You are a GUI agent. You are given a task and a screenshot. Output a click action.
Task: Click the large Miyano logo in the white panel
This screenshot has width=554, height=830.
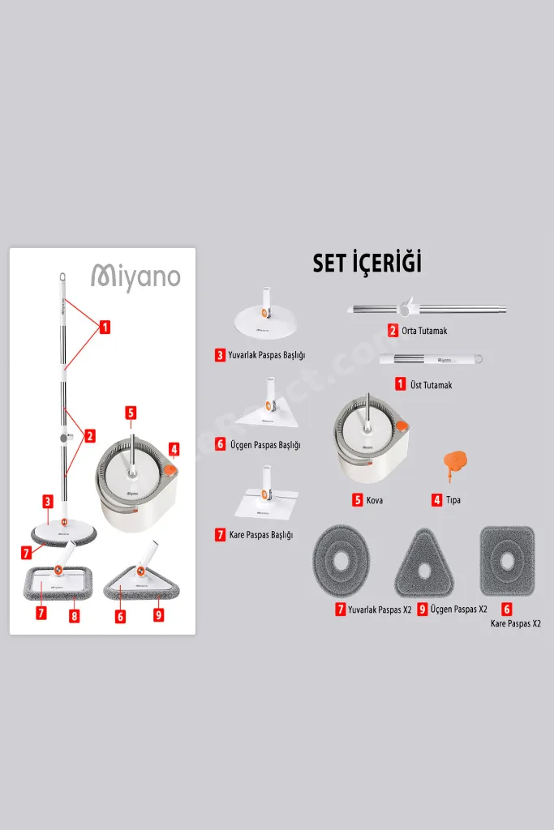135,277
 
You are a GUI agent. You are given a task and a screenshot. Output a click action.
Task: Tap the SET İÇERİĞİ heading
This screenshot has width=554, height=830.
367,263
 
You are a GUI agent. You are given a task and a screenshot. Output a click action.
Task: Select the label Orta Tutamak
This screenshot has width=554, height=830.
424,331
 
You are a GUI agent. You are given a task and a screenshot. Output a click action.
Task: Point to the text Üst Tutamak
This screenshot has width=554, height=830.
432,385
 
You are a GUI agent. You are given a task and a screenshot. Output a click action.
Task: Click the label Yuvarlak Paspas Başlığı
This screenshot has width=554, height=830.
266,355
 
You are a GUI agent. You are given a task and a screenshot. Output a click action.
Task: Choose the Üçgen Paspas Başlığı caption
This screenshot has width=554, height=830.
265,445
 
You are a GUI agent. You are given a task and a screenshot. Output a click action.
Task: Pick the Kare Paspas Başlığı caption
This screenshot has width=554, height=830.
261,535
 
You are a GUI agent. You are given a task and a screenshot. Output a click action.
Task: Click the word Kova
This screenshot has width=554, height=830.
375,500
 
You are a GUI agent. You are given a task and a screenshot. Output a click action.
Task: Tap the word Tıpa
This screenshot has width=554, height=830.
453,499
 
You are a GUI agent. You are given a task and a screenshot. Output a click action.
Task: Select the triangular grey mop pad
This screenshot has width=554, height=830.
423,564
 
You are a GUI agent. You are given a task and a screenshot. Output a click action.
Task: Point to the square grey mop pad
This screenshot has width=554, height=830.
507,561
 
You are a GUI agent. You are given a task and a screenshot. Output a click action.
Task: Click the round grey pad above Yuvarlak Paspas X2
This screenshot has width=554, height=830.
341,563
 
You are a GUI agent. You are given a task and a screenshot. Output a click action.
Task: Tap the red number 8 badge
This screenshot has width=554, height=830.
75,616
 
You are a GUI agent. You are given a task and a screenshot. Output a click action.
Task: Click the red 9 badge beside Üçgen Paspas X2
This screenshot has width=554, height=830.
422,610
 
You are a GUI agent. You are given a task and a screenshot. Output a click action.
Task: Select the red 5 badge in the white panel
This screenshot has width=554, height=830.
131,413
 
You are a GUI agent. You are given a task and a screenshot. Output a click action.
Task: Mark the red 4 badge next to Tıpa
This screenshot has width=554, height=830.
437,499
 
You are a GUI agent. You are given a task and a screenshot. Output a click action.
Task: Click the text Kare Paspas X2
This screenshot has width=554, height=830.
515,623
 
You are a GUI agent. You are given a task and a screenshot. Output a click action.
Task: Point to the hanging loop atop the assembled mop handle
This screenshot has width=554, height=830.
62,277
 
